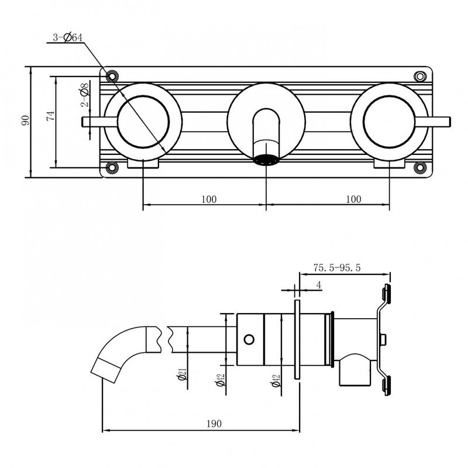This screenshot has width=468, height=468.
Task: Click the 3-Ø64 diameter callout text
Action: coord(67,37)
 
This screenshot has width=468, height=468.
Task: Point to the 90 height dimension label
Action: coord(25,121)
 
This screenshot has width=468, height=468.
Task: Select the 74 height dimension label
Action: coord(51,117)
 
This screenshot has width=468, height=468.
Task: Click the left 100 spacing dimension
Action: coord(208,199)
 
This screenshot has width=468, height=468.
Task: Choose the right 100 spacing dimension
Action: coord(353,199)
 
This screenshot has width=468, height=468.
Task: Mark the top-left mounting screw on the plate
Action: coord(112,75)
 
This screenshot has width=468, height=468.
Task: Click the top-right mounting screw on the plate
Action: coord(419,76)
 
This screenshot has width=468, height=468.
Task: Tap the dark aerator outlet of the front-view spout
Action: coord(266,160)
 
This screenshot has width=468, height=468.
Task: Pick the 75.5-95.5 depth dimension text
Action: coord(336,267)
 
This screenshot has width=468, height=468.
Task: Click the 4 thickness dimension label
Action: coord(318,285)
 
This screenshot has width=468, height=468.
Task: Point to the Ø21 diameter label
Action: coord(183,375)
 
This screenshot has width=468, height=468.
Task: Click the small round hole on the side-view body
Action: coord(249,339)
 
